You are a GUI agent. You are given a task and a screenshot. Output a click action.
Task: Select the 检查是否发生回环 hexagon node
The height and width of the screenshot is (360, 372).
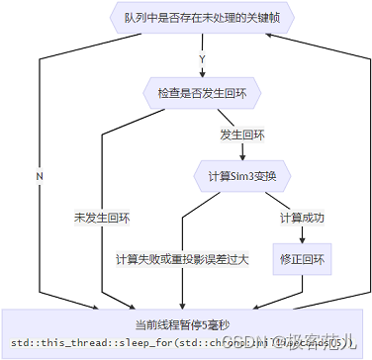click(202, 94)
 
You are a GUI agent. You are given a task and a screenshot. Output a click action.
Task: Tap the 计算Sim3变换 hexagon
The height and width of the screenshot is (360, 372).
click(241, 176)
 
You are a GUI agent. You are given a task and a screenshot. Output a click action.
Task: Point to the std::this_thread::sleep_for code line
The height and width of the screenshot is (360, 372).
click(187, 342)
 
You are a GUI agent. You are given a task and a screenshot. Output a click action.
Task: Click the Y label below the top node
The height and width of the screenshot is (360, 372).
click(203, 57)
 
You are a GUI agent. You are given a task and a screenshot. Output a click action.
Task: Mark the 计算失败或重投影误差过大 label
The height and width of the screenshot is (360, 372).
click(182, 259)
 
